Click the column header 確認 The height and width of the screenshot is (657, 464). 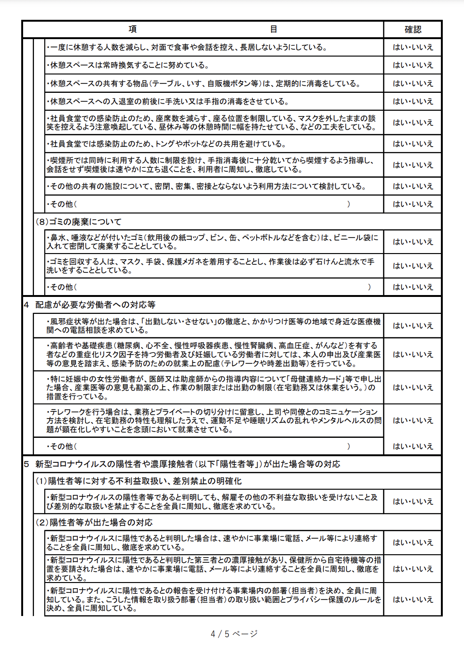click(413, 29)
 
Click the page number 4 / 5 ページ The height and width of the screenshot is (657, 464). click(234, 634)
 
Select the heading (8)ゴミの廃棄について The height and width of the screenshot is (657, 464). click(79, 222)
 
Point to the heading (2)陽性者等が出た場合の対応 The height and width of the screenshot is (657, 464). click(94, 522)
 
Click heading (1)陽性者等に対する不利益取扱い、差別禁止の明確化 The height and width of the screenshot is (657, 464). click(139, 481)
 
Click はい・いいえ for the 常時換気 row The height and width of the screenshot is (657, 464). click(413, 65)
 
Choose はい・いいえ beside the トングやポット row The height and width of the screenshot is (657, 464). click(413, 144)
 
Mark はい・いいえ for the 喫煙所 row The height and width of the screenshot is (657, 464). click(413, 165)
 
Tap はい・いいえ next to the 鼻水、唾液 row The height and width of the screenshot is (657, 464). click(413, 242)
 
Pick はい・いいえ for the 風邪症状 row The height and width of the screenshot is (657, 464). click(413, 326)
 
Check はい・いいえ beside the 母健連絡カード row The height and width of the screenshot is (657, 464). click(413, 387)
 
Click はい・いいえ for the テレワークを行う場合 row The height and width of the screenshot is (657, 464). click(413, 420)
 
